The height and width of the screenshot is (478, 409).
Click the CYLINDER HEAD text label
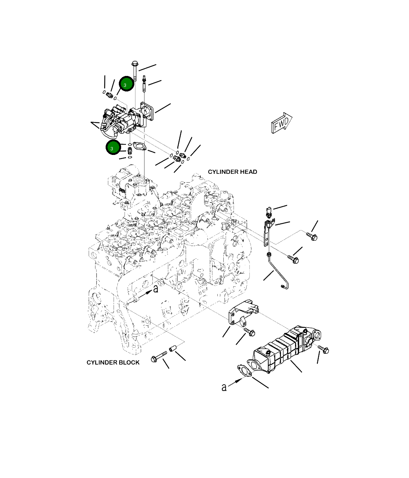[x=232, y=172]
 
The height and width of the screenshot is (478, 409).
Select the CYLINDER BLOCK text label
[x=113, y=363]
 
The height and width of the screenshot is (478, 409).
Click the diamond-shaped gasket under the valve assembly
[x=140, y=146]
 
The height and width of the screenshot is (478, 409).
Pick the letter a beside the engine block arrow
[x=155, y=289]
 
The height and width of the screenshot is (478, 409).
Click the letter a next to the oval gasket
[x=224, y=387]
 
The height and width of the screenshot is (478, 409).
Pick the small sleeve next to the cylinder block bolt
[x=173, y=349]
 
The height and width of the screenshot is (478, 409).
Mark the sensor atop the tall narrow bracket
[x=269, y=212]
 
